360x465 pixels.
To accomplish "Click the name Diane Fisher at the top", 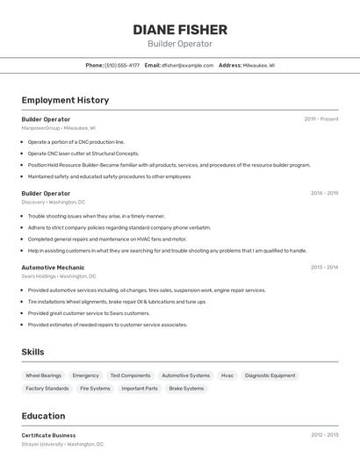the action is coord(180,29).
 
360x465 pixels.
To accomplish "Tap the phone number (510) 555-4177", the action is coord(122,65).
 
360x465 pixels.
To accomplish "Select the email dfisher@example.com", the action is coord(187,65).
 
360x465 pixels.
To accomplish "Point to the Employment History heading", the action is coord(65,100).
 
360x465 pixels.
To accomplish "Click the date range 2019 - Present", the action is coord(320,118).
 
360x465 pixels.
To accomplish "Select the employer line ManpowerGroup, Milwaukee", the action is coord(59,128).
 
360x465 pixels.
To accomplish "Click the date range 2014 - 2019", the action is coord(324,193).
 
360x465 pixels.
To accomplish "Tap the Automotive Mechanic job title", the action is coord(53,268).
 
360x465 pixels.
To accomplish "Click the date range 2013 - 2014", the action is coord(324,268).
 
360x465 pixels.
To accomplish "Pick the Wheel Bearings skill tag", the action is coord(44,376).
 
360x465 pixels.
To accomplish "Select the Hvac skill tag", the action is coord(227,376).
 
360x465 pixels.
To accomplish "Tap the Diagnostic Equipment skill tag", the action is coord(270,376).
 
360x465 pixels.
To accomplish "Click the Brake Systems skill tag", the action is coord(186,388).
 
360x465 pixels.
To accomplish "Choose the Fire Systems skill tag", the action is coord(95,388).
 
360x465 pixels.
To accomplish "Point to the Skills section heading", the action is coord(32,352).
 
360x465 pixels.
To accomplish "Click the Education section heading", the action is coord(43,416).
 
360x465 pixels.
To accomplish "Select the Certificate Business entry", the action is coord(48,435).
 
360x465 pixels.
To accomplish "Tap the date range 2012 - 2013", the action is coord(324,435).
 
